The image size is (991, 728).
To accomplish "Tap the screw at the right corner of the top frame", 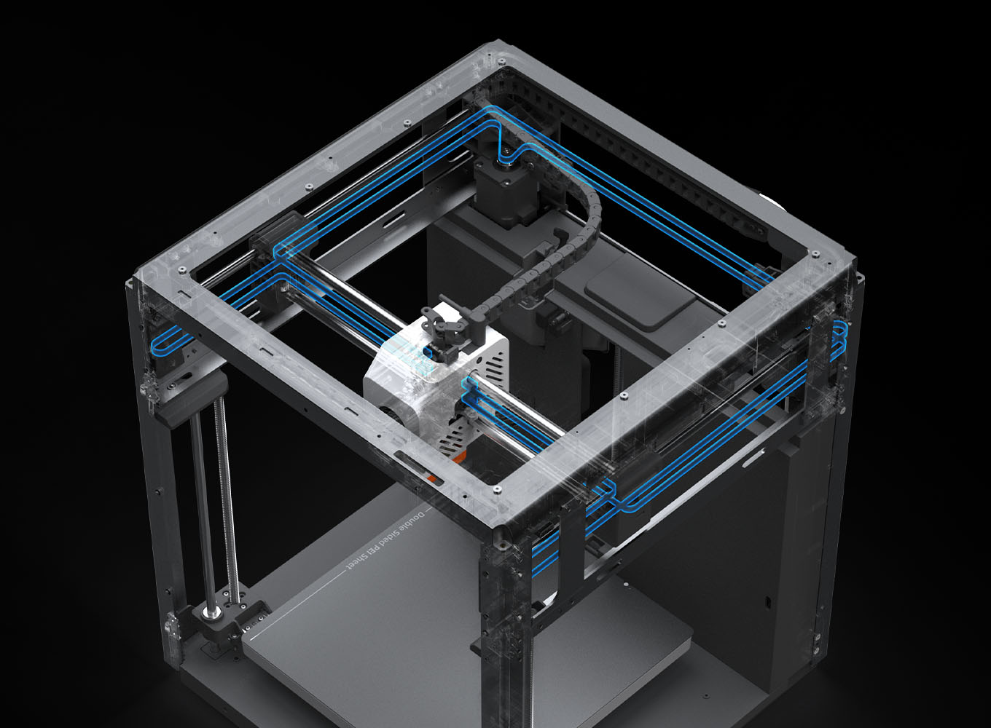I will [814, 254].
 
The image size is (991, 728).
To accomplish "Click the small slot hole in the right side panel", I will [767, 602].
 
